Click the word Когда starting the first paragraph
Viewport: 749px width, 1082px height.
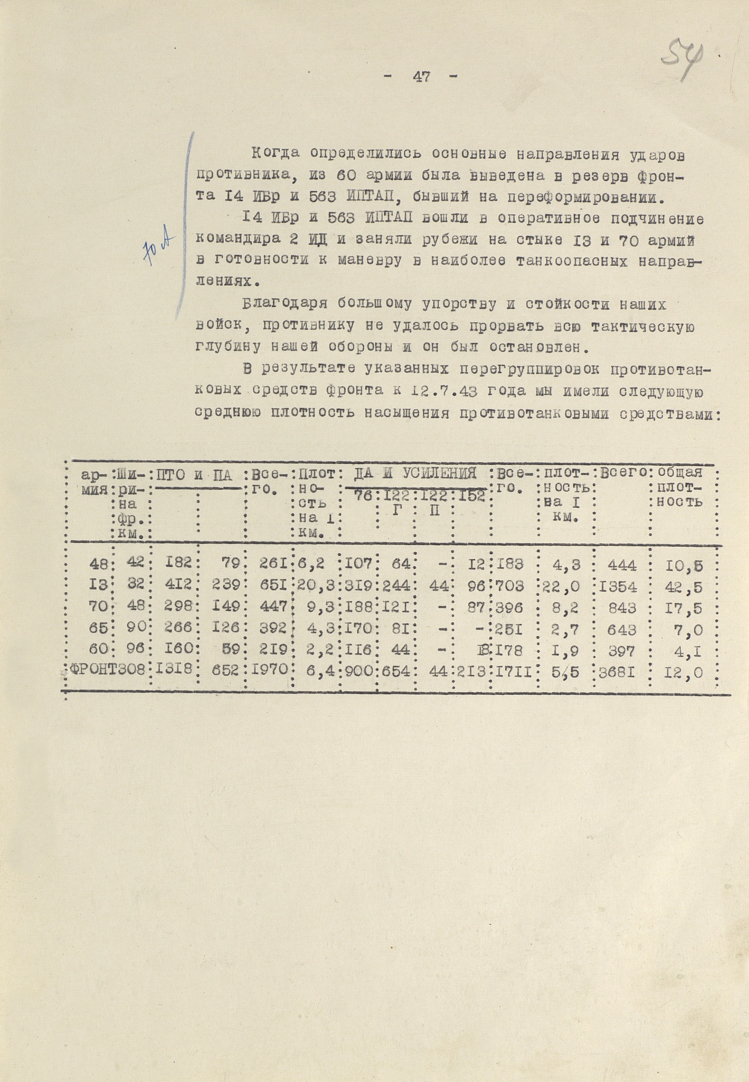click(x=275, y=153)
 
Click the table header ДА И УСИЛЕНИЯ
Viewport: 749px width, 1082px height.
click(x=415, y=473)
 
